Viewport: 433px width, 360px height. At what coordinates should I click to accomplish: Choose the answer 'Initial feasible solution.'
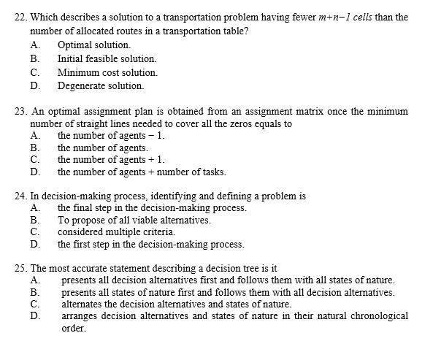point(107,58)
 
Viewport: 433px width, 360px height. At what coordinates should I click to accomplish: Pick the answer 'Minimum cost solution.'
point(107,72)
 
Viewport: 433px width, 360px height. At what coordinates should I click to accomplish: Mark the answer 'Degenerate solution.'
point(101,86)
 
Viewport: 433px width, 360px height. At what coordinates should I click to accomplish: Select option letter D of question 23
point(34,172)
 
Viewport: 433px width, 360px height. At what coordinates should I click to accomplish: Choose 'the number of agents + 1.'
point(111,159)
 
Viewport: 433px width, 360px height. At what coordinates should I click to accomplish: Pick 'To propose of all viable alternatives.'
point(134,220)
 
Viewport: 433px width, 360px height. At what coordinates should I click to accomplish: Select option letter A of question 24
point(34,207)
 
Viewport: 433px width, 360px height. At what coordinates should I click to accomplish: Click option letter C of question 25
point(34,304)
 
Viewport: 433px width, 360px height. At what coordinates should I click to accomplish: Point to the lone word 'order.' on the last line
point(74,329)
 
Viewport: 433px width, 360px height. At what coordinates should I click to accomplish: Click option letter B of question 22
point(34,58)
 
